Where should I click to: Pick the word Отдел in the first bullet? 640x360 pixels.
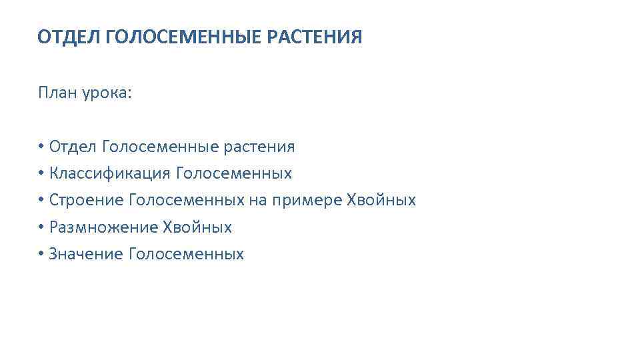click(x=73, y=146)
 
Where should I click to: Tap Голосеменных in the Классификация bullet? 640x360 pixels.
click(x=233, y=173)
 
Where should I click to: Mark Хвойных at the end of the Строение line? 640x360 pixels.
click(x=381, y=200)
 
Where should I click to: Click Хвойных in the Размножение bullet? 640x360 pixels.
click(x=197, y=227)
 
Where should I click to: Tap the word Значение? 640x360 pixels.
click(x=85, y=254)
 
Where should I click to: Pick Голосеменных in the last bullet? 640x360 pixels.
click(x=186, y=254)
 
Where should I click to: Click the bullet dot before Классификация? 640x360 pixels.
click(x=41, y=173)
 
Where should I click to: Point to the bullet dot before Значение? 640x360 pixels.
click(x=41, y=254)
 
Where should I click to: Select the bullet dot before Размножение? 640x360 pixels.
click(x=41, y=227)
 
